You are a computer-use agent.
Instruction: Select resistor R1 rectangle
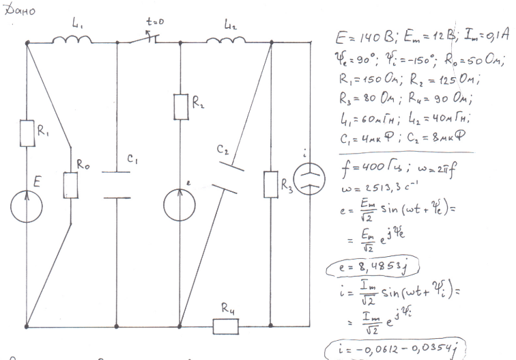click(27, 133)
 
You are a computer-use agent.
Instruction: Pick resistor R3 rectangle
click(272, 184)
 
